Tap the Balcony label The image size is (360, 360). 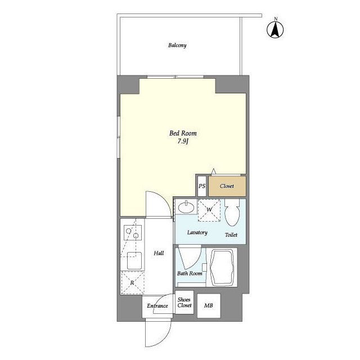(x=177, y=45)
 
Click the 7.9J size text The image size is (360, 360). (x=183, y=141)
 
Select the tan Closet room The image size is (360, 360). (x=227, y=186)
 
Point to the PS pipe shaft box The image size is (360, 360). (x=202, y=186)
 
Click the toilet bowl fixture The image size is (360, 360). (x=232, y=213)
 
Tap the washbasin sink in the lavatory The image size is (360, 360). (x=186, y=207)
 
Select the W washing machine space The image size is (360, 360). (x=209, y=210)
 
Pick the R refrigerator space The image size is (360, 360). (x=133, y=282)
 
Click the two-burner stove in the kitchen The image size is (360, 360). (x=133, y=232)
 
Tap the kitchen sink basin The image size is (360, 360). (x=134, y=260)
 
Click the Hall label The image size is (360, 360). (x=159, y=253)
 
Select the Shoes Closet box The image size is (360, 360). (x=184, y=303)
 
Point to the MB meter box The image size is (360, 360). (x=209, y=305)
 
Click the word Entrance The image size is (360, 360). (x=157, y=306)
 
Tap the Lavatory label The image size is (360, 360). (x=197, y=232)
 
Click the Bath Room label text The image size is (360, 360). (x=190, y=273)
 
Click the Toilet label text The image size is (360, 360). (x=231, y=235)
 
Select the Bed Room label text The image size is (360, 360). (x=183, y=133)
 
